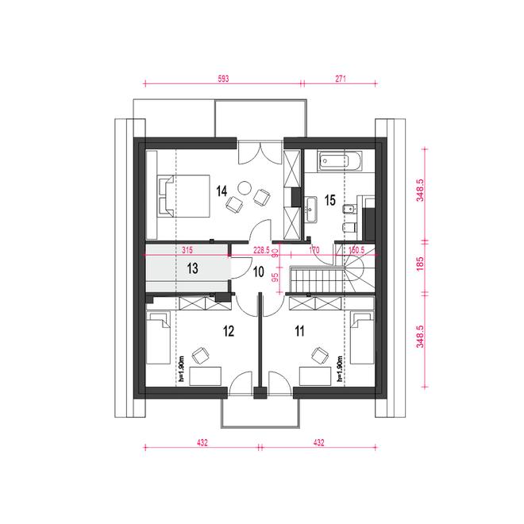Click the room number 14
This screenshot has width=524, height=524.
222,191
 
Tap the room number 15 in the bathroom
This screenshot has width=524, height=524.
329,200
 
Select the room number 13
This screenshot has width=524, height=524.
192,268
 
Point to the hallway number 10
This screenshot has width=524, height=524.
259,272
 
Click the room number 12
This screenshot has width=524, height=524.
229,331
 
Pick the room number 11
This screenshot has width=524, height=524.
299,331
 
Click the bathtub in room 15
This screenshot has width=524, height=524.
340,161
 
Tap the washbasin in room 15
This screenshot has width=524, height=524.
310,209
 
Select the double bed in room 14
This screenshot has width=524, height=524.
184,196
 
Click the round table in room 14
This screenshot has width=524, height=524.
245,187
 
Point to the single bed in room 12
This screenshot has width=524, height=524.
159,338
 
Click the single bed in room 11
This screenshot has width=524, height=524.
362,338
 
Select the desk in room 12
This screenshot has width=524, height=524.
205,376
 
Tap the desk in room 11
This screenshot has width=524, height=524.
315,376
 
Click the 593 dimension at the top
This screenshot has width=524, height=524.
223,79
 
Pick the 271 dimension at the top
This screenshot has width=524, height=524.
340,79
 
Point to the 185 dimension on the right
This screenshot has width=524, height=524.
420,264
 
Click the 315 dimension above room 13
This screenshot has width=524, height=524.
187,249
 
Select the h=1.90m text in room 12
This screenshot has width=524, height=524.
182,368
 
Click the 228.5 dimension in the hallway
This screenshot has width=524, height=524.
261,250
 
